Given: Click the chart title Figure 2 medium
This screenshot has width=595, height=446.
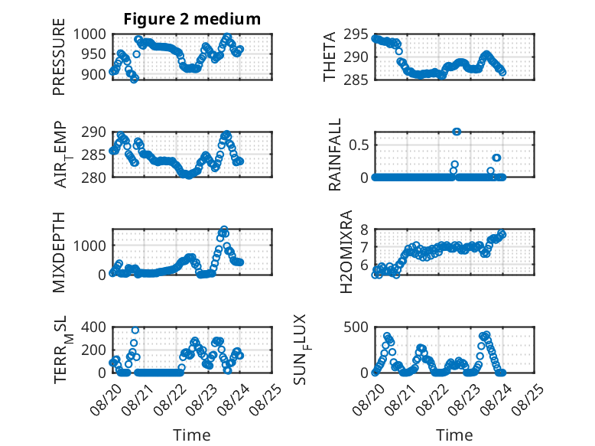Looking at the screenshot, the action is (x=192, y=18).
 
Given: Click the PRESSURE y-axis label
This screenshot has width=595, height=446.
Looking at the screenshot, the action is (x=59, y=57).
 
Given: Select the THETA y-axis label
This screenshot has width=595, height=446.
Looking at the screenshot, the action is (x=330, y=57).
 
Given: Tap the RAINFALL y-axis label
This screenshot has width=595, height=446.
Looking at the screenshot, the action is (x=335, y=155).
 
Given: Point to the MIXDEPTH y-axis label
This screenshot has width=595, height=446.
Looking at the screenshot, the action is (x=59, y=252).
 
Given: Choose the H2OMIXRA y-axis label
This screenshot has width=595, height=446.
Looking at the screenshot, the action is (x=346, y=252).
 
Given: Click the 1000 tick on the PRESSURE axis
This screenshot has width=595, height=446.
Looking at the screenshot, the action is (x=89, y=34).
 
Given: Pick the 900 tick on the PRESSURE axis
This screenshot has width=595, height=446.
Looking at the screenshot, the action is (x=94, y=74).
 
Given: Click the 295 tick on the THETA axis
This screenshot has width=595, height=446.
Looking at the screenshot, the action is (x=356, y=34).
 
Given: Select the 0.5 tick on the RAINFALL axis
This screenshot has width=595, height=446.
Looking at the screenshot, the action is (x=359, y=145).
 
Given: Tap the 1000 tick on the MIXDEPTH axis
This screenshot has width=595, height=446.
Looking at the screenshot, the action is (x=89, y=246).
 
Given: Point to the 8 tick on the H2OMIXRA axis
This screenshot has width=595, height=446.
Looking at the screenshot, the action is (x=365, y=230).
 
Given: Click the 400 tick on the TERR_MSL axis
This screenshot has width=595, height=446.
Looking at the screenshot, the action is (x=94, y=327).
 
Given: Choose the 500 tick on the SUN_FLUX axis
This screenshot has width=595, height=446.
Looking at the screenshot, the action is (x=356, y=327).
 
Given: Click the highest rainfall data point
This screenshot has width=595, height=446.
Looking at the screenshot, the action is (x=457, y=132).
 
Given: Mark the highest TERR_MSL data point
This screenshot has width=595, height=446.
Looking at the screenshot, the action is (x=135, y=330).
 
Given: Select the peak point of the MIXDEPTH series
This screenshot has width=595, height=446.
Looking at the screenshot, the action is (x=224, y=230).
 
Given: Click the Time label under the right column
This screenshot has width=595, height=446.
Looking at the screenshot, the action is (x=454, y=435).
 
